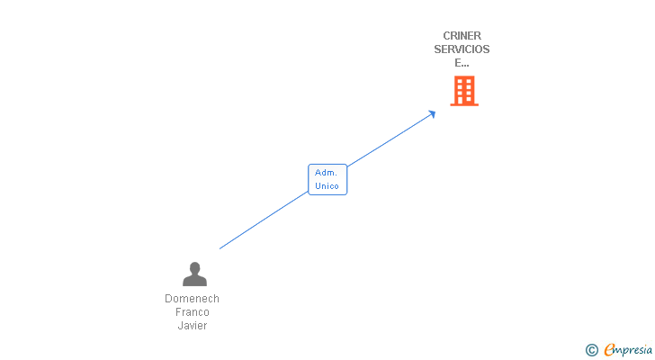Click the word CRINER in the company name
click(x=462, y=36)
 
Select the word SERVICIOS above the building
click(x=462, y=49)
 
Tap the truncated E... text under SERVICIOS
click(x=462, y=63)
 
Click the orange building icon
click(x=463, y=90)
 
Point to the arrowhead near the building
click(x=433, y=112)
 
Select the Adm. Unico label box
click(x=327, y=179)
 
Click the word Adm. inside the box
click(x=327, y=173)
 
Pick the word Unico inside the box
click(x=327, y=186)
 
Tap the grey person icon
click(x=194, y=274)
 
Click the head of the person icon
click(x=194, y=267)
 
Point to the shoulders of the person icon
click(x=194, y=281)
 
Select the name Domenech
click(x=192, y=299)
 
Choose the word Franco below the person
click(x=192, y=312)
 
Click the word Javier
click(x=192, y=326)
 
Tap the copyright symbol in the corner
click(x=592, y=350)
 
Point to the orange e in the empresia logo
click(x=609, y=350)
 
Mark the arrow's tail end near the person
click(x=220, y=248)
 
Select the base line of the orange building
click(x=463, y=104)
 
